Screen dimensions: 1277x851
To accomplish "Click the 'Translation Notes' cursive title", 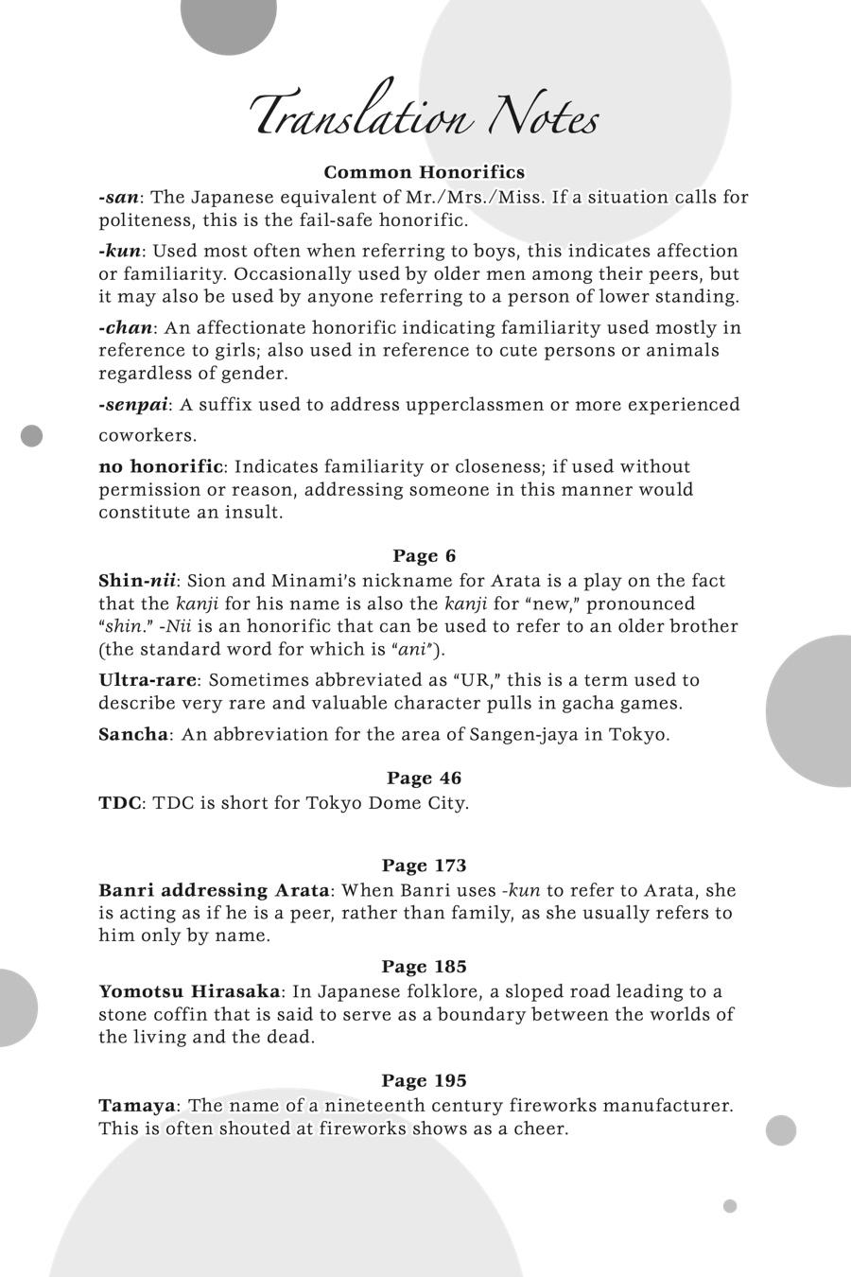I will point(425,115).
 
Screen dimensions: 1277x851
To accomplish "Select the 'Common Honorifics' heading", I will point(424,172).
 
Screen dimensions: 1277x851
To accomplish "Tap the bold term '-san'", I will point(119,198).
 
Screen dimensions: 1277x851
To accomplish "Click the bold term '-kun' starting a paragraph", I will point(120,252).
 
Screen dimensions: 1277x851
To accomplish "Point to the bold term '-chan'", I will point(125,328).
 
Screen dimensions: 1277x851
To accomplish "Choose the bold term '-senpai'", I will point(133,405).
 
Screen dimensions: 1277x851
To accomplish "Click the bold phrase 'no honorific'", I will point(161,467).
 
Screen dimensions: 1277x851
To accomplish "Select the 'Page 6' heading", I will point(424,555).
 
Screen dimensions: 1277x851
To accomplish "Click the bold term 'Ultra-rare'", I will point(148,680).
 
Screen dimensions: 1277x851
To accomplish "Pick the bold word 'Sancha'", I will point(133,735).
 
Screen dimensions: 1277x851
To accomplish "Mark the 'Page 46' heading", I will point(424,778).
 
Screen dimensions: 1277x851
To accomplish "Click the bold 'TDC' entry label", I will point(120,803).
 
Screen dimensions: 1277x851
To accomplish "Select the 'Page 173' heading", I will point(424,866).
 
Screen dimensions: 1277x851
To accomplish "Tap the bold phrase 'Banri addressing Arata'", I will point(214,891).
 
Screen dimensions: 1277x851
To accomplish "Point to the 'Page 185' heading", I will point(424,967).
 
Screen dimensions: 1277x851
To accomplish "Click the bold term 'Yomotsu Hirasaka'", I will point(189,992).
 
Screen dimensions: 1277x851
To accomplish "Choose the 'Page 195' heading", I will point(424,1080).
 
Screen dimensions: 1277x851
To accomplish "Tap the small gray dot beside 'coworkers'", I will point(32,436).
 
